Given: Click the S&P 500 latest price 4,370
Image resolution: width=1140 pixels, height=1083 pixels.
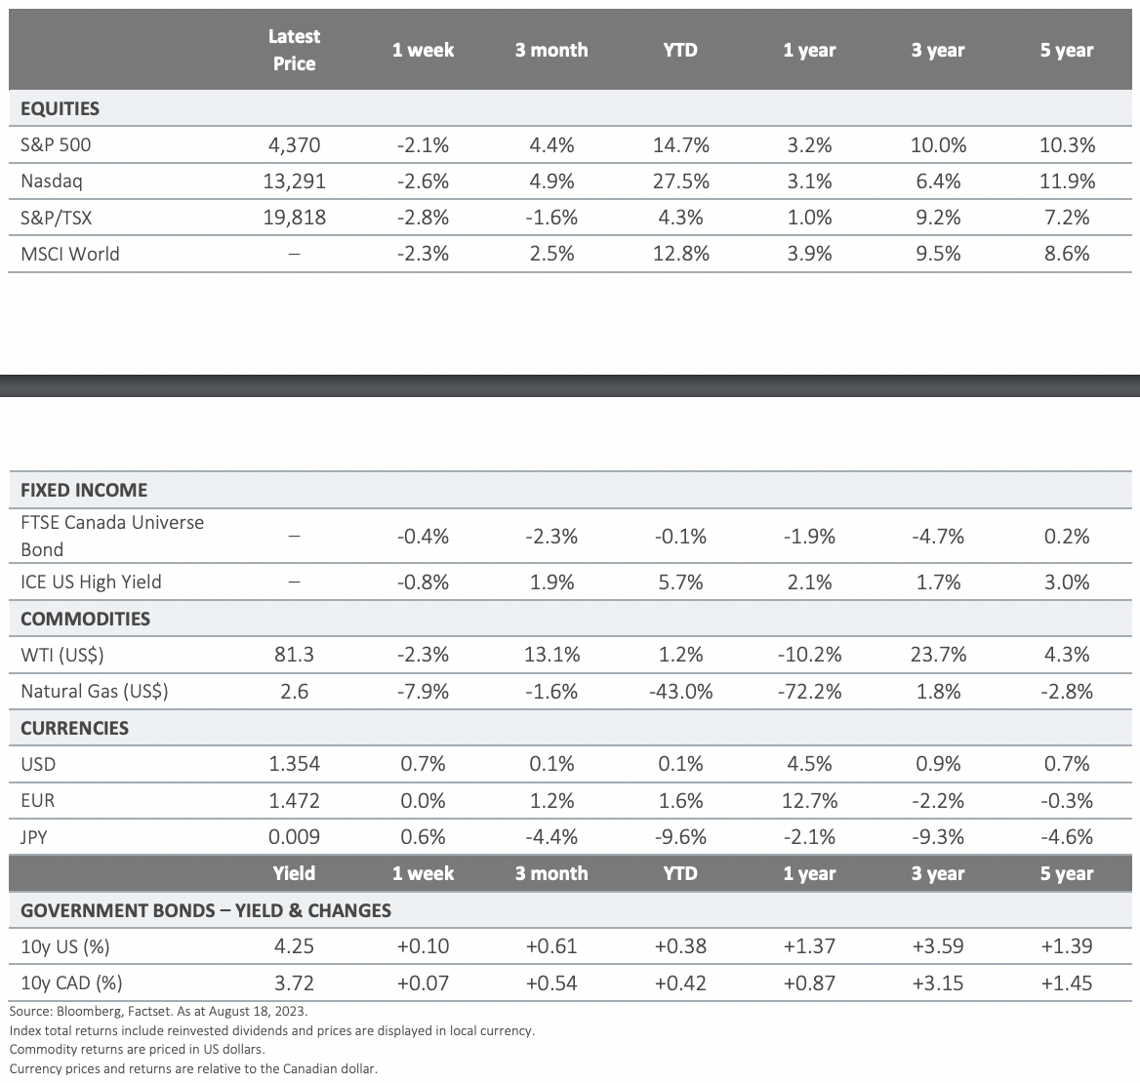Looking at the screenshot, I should [294, 145].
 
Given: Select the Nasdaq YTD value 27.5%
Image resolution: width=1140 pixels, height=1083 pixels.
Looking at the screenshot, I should [680, 181].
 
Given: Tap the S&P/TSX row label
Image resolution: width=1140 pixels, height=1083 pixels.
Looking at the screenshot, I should [50, 218].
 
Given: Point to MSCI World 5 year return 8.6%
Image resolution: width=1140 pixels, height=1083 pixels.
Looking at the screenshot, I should [1067, 254].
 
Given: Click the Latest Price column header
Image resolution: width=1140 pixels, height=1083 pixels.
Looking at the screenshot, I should [294, 50].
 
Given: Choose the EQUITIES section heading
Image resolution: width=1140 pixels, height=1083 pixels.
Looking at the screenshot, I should [60, 109].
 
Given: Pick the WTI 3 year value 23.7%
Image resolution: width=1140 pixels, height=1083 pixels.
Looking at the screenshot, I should [938, 655].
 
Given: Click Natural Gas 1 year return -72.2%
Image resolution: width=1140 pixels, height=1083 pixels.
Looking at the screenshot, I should [809, 692].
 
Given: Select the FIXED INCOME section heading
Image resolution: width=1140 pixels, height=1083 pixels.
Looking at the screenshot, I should [84, 490].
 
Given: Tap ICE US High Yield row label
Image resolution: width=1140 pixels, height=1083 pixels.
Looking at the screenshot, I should [91, 582].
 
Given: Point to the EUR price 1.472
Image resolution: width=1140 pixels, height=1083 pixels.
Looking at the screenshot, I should [294, 801].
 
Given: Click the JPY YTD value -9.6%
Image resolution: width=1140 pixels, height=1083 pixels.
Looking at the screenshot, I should [680, 837].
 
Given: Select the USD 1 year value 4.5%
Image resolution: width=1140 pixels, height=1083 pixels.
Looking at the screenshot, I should [809, 764].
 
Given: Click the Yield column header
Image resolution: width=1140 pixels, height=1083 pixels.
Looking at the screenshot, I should [294, 873].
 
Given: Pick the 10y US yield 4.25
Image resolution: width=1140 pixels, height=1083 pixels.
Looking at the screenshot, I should [294, 946].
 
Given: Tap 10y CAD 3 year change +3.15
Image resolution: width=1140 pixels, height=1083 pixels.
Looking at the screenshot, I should [938, 983].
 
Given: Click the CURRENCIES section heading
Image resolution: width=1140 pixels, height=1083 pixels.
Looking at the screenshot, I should [74, 728].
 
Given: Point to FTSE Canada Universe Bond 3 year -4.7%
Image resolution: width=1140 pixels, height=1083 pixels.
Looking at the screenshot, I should [938, 536].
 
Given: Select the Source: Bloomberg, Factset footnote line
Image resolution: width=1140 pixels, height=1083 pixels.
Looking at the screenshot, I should [157, 1012].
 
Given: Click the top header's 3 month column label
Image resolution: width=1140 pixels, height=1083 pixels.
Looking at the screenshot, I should [551, 50].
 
